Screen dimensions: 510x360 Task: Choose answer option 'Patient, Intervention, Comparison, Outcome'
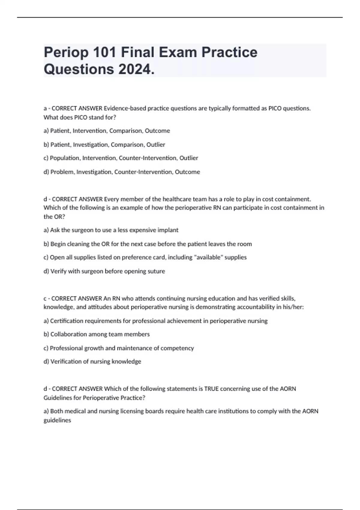107,131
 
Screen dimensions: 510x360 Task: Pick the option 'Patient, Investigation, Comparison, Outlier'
104,145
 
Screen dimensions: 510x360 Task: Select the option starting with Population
121,158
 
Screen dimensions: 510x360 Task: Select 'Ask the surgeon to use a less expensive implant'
111,230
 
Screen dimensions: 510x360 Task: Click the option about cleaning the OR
148,244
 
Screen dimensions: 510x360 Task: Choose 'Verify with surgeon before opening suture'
104,271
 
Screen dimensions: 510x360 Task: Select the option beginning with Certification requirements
155,321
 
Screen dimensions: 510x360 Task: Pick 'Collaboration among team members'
97,334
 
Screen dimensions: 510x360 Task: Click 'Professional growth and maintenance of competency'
119,348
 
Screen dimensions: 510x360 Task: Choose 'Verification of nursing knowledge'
92,361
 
